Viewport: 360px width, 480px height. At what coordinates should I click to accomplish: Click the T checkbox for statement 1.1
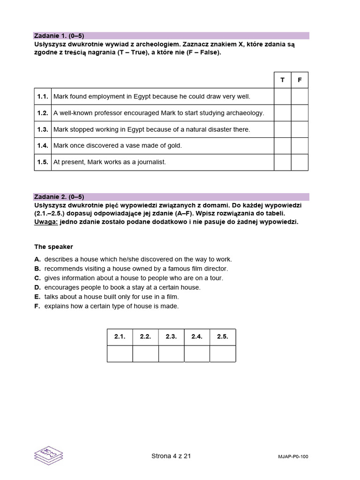click(282, 97)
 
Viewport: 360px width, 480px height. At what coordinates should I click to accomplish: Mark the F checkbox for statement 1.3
click(300, 129)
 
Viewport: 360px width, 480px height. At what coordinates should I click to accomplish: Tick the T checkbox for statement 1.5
click(282, 162)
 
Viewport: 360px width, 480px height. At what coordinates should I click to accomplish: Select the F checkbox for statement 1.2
click(300, 113)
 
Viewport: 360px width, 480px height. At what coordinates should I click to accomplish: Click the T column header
click(282, 80)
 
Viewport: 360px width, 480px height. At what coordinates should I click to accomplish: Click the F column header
click(300, 80)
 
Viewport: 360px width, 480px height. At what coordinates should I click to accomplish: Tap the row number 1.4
click(43, 146)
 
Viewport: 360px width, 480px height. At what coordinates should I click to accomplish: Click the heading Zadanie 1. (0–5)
click(59, 36)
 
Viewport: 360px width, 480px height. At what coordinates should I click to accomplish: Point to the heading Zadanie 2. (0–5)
click(59, 197)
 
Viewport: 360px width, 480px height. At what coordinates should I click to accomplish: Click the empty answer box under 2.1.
click(120, 354)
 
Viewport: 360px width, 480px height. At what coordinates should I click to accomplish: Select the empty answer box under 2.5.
click(223, 354)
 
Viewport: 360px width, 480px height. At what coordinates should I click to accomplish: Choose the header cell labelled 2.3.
click(171, 337)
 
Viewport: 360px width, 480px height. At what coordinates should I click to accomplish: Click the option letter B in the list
click(37, 269)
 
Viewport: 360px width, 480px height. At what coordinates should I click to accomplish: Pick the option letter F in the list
click(37, 306)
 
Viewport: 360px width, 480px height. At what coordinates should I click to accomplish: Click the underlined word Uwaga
click(46, 222)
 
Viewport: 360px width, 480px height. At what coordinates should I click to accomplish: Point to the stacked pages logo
click(49, 456)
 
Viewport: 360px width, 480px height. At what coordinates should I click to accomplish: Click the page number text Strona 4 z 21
click(172, 456)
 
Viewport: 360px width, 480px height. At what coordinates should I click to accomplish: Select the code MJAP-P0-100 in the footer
click(293, 457)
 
